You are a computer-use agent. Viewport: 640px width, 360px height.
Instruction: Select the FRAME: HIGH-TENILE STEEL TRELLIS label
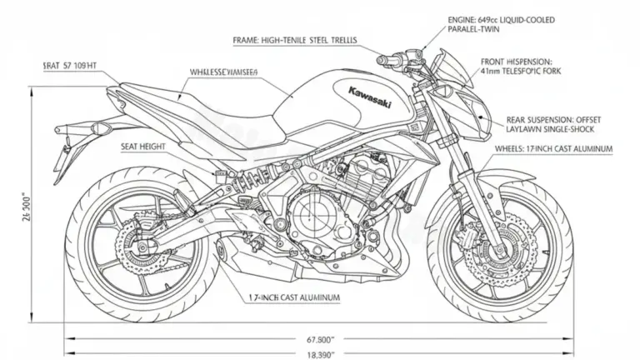click(297, 40)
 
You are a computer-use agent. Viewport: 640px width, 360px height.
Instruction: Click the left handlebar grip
click(387, 60)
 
